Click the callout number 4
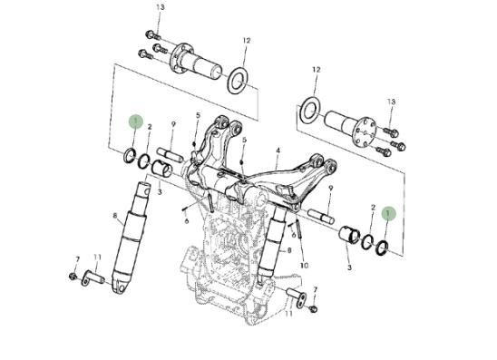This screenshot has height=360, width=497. click(x=278, y=151)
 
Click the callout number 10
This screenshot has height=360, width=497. click(x=304, y=266)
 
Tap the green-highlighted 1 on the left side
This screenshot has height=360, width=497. click(x=136, y=121)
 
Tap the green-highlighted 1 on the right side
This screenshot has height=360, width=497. click(x=388, y=214)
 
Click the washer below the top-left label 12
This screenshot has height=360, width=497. click(x=238, y=80)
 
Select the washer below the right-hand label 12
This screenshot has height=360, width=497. click(x=309, y=112)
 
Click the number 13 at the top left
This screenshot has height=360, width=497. click(x=161, y=7)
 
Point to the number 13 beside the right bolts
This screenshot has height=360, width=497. click(x=391, y=102)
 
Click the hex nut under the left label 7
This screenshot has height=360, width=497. click(x=73, y=276)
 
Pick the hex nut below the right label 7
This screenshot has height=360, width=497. click(x=313, y=308)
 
